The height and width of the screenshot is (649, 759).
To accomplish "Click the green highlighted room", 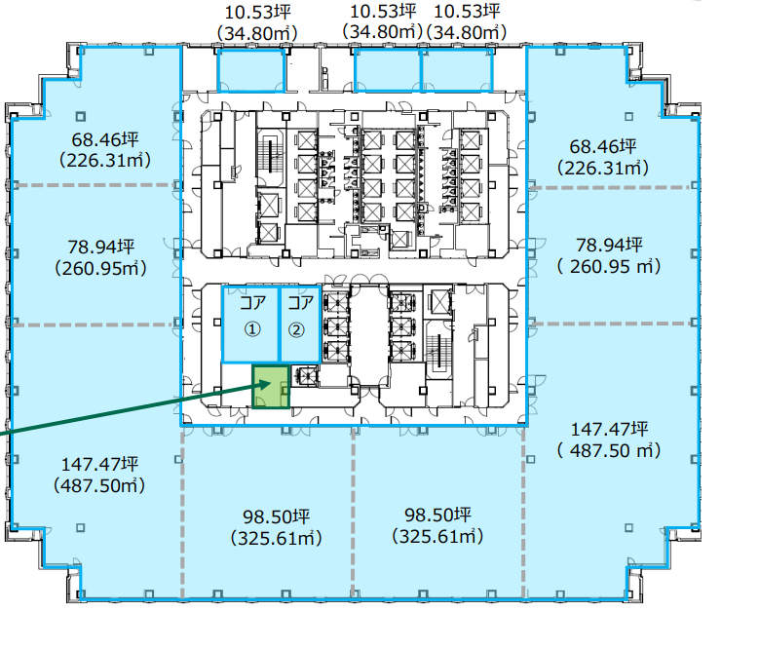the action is tap(271, 386).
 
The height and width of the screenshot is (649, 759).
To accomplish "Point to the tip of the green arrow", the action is tap(271, 382).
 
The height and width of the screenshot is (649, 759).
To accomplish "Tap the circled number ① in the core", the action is tap(251, 329).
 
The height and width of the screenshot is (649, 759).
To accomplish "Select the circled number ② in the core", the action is tap(296, 329).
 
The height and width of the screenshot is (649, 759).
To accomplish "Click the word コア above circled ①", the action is tap(252, 303).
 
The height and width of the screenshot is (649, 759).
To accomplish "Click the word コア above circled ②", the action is tap(301, 303).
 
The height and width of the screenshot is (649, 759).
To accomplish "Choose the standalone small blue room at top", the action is tap(250, 70).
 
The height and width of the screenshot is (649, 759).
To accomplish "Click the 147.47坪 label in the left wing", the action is tap(100, 464).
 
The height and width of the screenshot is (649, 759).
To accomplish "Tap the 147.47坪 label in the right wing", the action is tap(609, 429).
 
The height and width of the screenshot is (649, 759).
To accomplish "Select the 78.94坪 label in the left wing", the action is tap(100, 247).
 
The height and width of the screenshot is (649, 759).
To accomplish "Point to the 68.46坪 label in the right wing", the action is tap(603, 146).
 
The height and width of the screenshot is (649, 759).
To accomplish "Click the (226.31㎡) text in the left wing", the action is tap(105, 160).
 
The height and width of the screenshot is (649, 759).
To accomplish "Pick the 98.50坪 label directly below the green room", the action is tap(276, 516).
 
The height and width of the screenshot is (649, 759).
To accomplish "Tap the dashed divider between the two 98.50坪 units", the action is tap(354, 512).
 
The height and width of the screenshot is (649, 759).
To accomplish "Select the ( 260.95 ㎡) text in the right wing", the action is tap(609, 267).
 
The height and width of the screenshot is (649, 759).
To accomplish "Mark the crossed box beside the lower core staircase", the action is tap(440, 302).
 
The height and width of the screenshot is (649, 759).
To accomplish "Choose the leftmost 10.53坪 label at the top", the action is tap(257, 13).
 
